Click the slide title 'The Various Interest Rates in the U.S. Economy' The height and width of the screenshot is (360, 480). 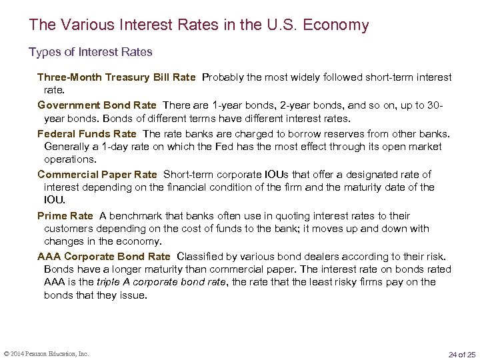click(199, 25)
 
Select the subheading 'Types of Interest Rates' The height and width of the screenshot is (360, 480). click(91, 51)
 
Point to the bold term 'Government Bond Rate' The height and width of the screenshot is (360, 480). click(97, 105)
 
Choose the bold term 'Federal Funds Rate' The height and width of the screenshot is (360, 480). click(87, 133)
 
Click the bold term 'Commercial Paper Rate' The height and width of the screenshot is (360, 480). click(97, 175)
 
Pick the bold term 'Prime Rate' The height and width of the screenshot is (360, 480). click(65, 216)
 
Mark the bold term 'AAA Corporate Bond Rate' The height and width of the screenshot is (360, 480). click(104, 257)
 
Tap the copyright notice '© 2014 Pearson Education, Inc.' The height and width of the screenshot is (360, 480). click(47, 353)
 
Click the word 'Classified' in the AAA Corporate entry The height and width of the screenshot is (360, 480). click(201, 257)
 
